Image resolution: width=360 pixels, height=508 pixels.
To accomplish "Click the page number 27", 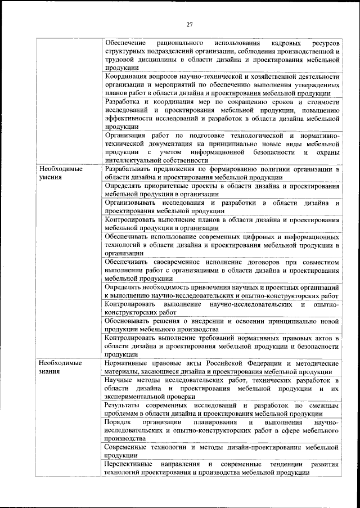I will coord(190,24).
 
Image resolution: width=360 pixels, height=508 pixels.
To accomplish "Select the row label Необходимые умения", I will coord(57,172).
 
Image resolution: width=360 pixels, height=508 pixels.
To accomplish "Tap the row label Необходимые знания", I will coord(57,367).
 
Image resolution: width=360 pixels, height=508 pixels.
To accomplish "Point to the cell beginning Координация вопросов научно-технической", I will coord(222,84).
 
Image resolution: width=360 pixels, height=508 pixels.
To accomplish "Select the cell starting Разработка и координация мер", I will coord(222,114).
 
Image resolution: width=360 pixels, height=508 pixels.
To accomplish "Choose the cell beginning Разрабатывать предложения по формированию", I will coord(222,173).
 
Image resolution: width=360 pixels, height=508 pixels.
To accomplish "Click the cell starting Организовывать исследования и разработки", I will coord(222,206).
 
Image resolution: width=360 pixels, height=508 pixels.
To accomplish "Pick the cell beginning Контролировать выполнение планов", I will coord(222,223).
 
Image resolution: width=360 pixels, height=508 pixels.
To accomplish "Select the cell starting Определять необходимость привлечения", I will coord(222,291).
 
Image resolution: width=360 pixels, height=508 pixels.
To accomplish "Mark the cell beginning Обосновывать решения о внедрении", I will coord(222,325).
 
